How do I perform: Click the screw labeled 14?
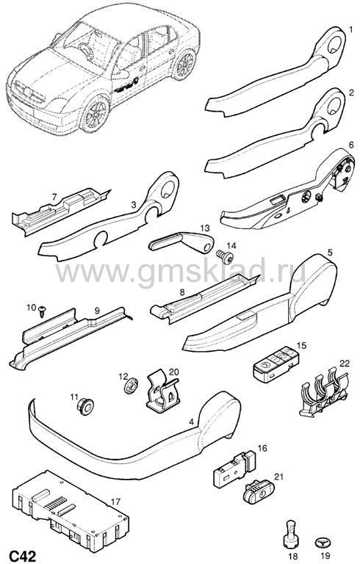[225, 256]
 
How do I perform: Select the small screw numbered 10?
[43, 311]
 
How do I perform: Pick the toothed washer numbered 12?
[131, 387]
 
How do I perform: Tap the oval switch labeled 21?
[259, 491]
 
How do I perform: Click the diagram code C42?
[23, 556]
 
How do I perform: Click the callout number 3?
[134, 205]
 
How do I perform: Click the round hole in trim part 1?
[336, 43]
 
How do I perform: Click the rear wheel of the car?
[184, 65]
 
